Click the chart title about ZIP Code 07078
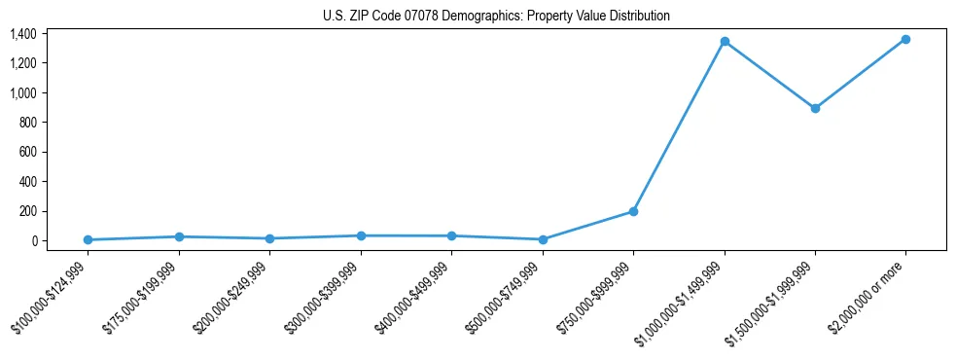tap(496, 16)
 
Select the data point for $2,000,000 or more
tap(905, 39)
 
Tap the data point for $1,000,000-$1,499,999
tap(724, 41)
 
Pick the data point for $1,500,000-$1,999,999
tap(815, 108)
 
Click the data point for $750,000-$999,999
tap(633, 211)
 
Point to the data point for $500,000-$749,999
tap(543, 239)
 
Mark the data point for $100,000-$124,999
tap(88, 239)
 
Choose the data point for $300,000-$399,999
tap(361, 235)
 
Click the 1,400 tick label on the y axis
tap(23, 34)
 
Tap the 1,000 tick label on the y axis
tap(23, 93)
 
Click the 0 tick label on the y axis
tap(34, 240)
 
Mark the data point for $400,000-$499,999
tap(451, 235)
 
